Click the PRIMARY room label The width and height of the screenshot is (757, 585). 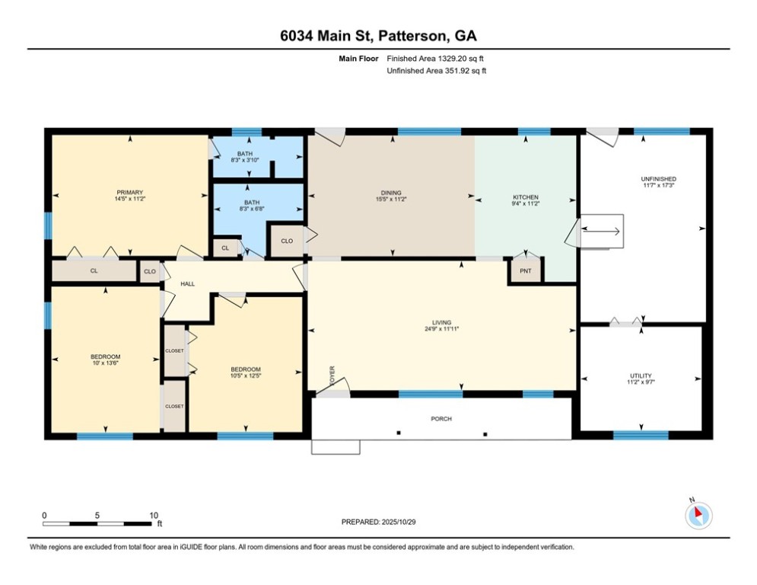coord(129,193)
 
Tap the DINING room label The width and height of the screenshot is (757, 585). coord(391,193)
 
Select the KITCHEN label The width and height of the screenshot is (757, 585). coord(525,197)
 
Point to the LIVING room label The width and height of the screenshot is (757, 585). coord(442,322)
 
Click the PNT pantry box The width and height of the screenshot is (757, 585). coord(525,271)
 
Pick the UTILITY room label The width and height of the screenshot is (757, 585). coord(641,376)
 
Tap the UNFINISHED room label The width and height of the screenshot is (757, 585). coord(659,179)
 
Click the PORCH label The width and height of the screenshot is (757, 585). coord(441,419)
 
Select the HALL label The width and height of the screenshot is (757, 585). coord(187,284)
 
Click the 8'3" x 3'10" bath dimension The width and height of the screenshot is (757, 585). coord(245,159)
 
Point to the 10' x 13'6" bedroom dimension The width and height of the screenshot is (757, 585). coord(105,363)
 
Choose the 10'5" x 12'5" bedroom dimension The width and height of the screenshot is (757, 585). coord(245,376)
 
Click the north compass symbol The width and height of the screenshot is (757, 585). coord(698,514)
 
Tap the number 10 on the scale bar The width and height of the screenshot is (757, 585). coord(154,516)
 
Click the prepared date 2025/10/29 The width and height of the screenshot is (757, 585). coord(399,522)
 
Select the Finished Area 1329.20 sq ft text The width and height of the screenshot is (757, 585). coord(435,59)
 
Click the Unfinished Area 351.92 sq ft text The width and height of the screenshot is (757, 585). coord(437,71)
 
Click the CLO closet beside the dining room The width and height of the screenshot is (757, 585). coord(287,241)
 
